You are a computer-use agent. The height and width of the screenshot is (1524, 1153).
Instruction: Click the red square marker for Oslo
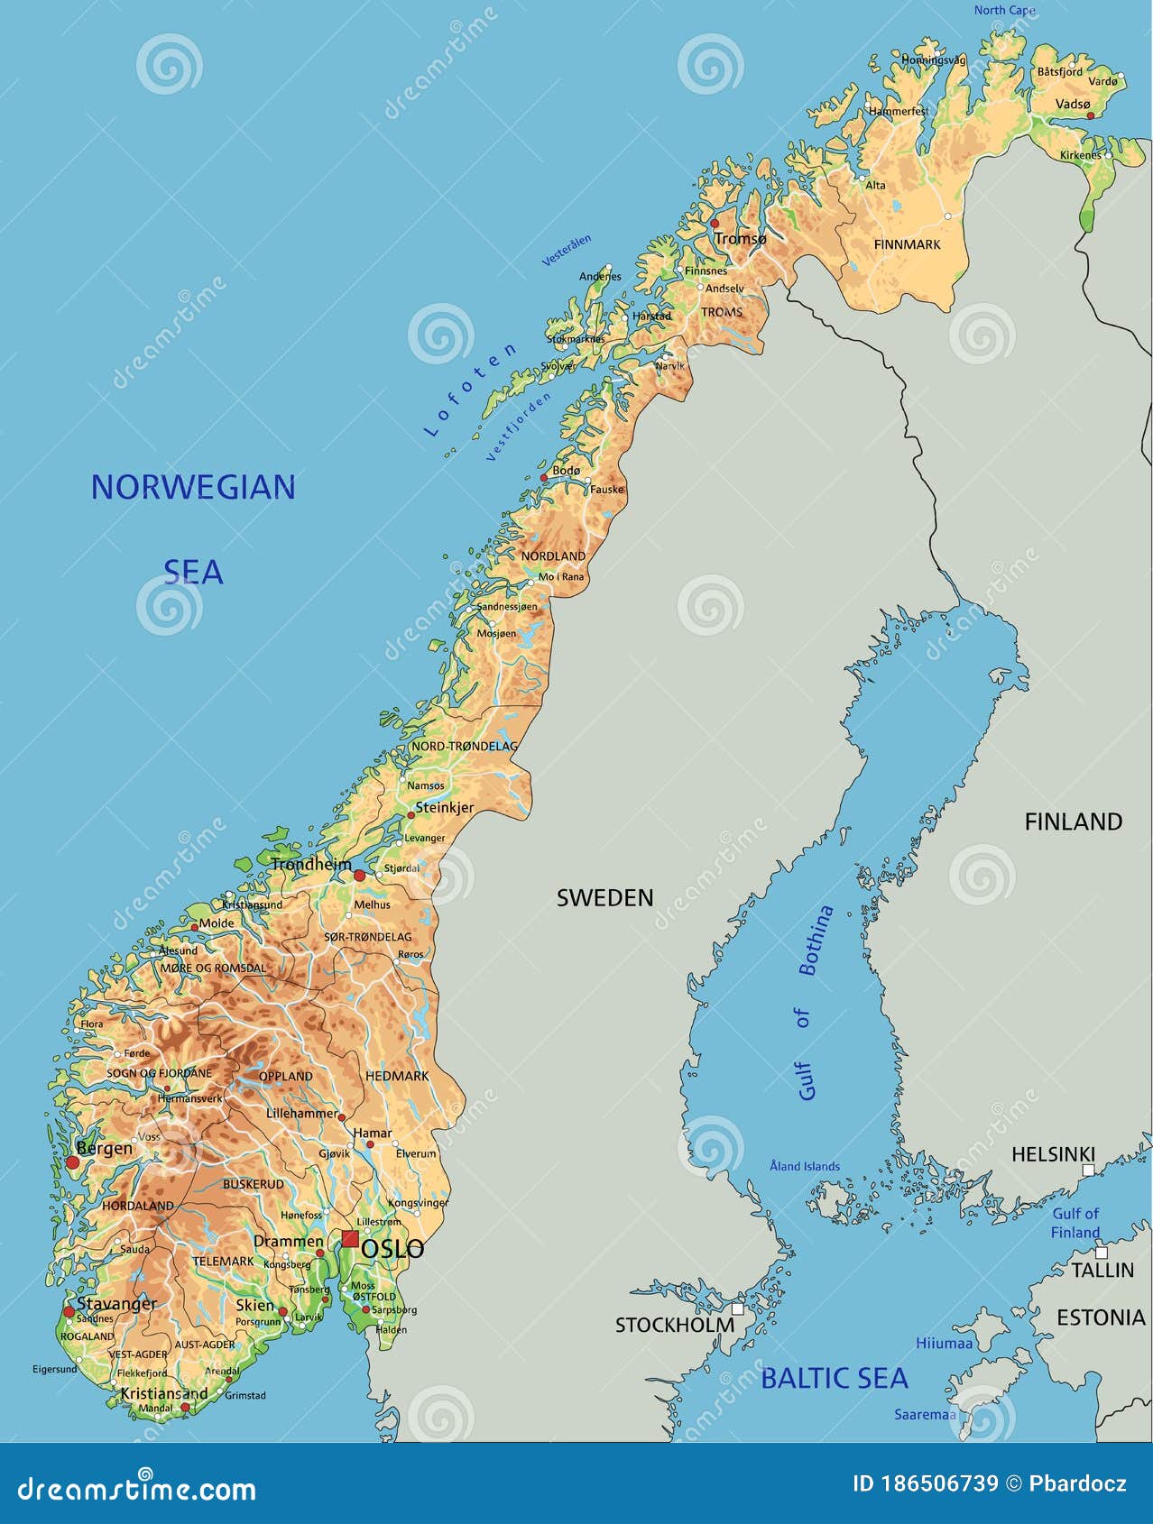(349, 1238)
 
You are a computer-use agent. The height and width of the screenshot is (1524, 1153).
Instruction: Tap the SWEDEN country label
(604, 897)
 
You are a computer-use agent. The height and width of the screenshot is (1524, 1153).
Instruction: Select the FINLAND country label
(1073, 822)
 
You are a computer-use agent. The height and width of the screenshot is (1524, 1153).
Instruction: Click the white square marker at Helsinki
(1088, 1170)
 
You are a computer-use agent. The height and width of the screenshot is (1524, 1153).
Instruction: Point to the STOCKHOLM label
(675, 1325)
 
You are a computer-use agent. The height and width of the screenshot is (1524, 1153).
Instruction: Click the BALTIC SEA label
(834, 1378)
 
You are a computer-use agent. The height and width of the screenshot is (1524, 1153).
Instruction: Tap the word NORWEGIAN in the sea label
(193, 488)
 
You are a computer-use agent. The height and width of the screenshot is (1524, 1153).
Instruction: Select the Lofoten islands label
(470, 390)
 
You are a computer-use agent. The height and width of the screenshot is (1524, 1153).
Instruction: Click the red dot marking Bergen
(72, 1161)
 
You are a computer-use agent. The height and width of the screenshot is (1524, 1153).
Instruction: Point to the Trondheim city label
(311, 864)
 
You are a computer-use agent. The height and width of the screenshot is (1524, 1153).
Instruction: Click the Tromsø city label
(740, 238)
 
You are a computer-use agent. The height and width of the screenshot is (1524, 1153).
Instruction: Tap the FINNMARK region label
(907, 244)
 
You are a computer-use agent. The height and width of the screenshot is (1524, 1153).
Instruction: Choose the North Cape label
(1004, 10)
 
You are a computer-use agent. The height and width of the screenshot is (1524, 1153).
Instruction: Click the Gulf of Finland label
(1075, 1223)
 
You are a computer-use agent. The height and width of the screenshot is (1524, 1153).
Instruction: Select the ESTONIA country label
(1100, 1317)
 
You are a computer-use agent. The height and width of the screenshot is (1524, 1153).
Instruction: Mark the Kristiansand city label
(164, 1393)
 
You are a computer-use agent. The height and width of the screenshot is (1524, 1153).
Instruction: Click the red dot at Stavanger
(69, 1311)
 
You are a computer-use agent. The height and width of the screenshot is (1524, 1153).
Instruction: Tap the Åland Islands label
(804, 1166)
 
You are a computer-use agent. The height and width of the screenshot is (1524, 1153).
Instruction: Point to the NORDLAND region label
(553, 555)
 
